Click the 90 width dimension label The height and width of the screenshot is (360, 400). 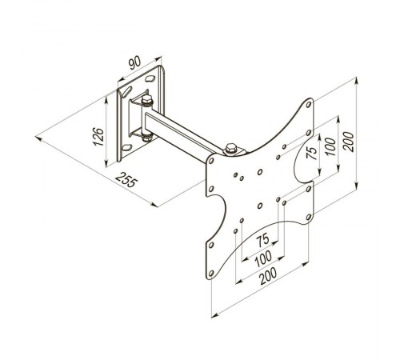click(x=134, y=63)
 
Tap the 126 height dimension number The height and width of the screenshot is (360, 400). click(x=98, y=137)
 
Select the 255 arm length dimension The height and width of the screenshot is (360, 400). click(x=126, y=179)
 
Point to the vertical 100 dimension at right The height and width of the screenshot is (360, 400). click(x=330, y=146)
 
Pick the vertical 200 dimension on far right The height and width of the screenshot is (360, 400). click(x=349, y=142)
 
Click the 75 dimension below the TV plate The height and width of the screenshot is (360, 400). click(x=262, y=239)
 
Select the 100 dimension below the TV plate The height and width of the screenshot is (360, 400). click(x=263, y=258)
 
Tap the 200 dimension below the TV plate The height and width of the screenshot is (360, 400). click(x=269, y=276)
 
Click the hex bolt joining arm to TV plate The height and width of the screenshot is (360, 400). click(x=231, y=149)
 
